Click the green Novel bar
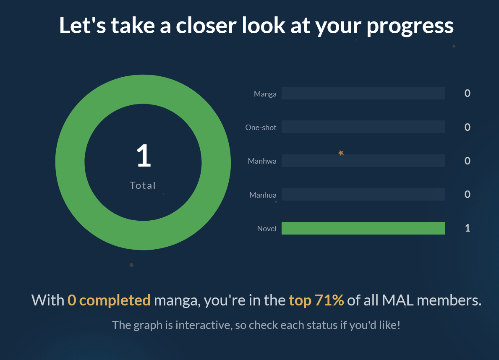pyautogui.click(x=363, y=228)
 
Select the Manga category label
pyautogui.click(x=265, y=94)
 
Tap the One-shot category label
pyautogui.click(x=261, y=127)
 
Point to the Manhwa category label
pyautogui.click(x=262, y=161)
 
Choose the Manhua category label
pyautogui.click(x=263, y=195)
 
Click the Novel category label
pyautogui.click(x=266, y=229)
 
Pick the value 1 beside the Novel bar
pyautogui.click(x=468, y=228)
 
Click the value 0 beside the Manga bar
pyautogui.click(x=468, y=93)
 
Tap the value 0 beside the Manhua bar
pyautogui.click(x=468, y=194)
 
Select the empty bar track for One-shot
pyautogui.click(x=363, y=127)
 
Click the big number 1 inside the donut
pyautogui.click(x=144, y=155)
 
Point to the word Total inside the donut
pyautogui.click(x=143, y=185)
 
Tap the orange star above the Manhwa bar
pyautogui.click(x=341, y=153)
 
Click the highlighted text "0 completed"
pyautogui.click(x=109, y=300)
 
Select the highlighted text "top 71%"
pyautogui.click(x=316, y=300)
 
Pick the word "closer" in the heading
pyautogui.click(x=206, y=26)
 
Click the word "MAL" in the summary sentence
pyautogui.click(x=398, y=300)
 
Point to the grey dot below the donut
pyautogui.click(x=131, y=265)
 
